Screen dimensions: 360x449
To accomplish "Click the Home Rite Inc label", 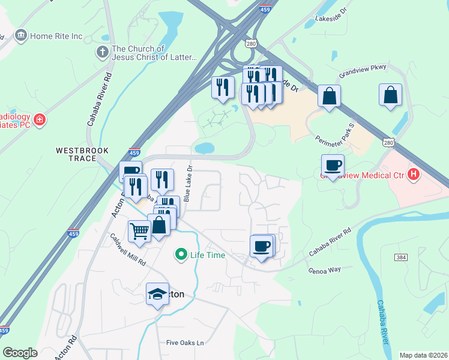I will click(56, 36).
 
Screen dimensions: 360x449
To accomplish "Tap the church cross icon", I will click(102, 53).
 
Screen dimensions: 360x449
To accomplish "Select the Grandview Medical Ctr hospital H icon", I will click(413, 175).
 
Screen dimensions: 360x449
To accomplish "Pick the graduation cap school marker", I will click(157, 293).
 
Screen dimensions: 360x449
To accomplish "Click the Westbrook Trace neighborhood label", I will click(76, 154).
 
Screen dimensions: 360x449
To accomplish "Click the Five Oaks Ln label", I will click(185, 343).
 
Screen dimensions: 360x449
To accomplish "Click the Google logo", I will click(20, 353).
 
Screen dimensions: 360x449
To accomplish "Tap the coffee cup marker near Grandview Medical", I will click(333, 165).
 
